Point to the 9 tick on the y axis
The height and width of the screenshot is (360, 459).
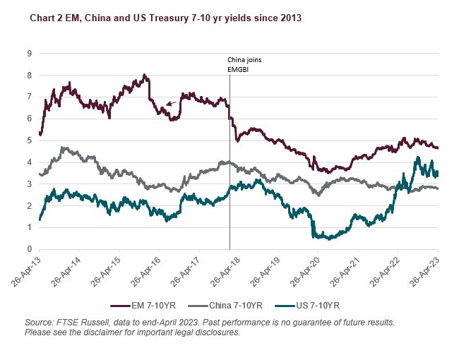click(x=30, y=53)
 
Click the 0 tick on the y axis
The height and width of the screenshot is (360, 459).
click(x=30, y=249)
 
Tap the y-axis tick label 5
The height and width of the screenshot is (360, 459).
click(x=30, y=140)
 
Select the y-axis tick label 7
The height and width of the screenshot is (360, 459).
click(x=30, y=97)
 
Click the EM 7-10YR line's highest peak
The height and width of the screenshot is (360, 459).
click(x=144, y=75)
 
